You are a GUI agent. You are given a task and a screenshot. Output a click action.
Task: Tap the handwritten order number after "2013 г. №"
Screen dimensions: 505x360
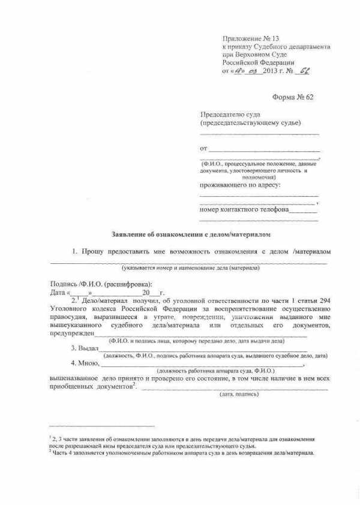pos(305,71)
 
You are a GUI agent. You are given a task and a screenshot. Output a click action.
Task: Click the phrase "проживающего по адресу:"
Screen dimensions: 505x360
pos(239,185)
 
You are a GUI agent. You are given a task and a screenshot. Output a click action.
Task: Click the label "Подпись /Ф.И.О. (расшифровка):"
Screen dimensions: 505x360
pos(101,283)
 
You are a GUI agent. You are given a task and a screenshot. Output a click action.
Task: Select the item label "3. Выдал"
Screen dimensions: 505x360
pos(85,348)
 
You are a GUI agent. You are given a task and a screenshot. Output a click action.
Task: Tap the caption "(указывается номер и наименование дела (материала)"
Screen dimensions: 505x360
pos(190,267)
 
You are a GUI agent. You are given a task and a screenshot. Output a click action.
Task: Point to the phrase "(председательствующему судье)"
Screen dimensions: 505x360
pos(250,123)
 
